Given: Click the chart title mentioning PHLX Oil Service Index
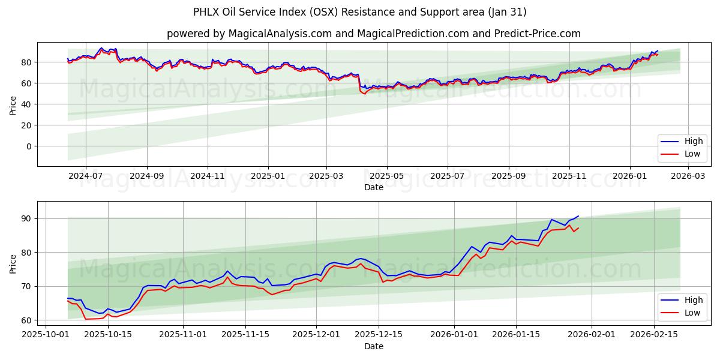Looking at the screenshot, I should pyautogui.click(x=360, y=12).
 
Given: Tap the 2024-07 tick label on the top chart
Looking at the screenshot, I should pyautogui.click(x=85, y=176).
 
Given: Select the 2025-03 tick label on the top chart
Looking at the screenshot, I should pyautogui.click(x=326, y=176).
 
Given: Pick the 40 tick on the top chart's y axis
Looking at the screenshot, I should pyautogui.click(x=26, y=104).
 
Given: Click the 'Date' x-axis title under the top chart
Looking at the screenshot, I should pyautogui.click(x=373, y=187).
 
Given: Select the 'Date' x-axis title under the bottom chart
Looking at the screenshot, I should pyautogui.click(x=373, y=346).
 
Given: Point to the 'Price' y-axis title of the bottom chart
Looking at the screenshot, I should pyautogui.click(x=13, y=263).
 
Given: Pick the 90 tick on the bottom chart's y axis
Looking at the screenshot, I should pyautogui.click(x=26, y=218).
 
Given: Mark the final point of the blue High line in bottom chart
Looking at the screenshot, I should pyautogui.click(x=578, y=216).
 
